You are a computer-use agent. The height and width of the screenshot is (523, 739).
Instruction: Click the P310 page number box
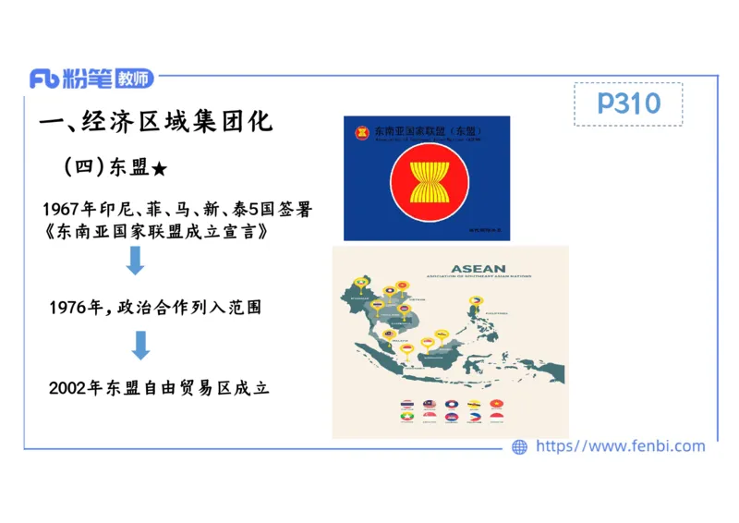pos(628,103)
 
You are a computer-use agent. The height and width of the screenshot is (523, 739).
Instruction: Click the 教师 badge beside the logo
pos(134,79)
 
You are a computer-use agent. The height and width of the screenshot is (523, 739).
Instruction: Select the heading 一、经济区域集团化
pos(157,122)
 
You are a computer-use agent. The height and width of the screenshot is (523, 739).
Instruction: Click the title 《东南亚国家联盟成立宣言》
pos(159,232)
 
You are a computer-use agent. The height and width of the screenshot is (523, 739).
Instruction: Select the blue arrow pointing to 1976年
pos(136,261)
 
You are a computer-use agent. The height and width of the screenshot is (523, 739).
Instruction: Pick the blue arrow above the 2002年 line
pos(140,346)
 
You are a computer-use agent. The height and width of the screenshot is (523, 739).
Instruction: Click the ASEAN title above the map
pos(478,269)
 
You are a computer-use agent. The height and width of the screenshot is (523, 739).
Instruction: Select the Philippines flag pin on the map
pos(477,299)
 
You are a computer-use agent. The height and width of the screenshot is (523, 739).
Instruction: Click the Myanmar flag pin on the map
pos(361,282)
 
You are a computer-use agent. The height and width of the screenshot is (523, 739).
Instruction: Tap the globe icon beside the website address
pos(520,447)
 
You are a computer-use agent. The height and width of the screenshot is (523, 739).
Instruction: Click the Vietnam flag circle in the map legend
pos(496,404)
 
